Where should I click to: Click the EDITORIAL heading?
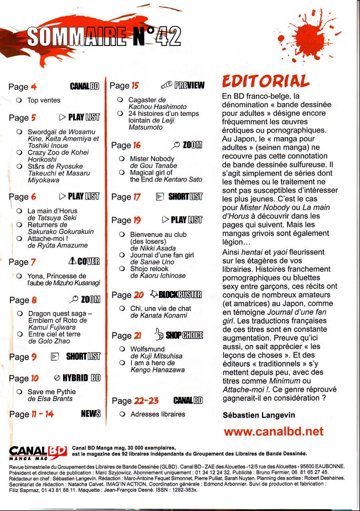coord(266,81)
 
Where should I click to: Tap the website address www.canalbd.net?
coord(273,431)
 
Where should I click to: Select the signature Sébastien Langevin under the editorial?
coord(259,415)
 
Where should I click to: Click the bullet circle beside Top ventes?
coord(19,100)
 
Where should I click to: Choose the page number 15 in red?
coord(135,85)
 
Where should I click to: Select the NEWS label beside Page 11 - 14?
coord(91,413)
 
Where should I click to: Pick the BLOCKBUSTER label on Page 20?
coord(180,294)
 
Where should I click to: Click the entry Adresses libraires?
coord(158,414)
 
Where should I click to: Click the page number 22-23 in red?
coord(146,401)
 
